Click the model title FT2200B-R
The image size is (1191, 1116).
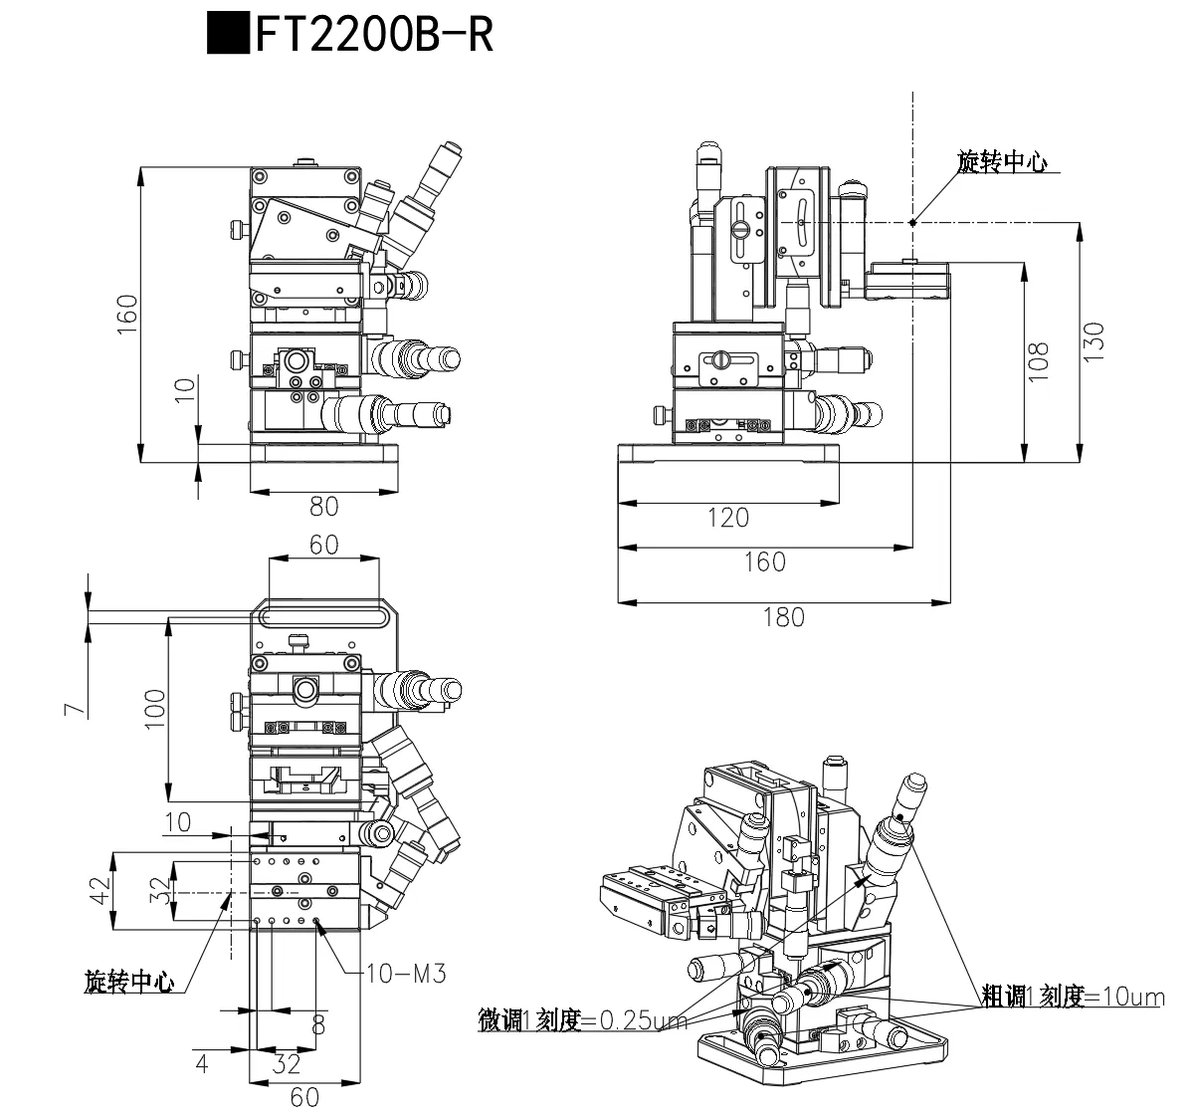[x=374, y=35]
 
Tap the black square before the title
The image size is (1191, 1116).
[x=229, y=34]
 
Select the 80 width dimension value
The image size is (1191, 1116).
[x=323, y=507]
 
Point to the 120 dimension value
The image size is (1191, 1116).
[x=727, y=518]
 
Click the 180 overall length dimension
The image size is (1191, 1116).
[x=783, y=617]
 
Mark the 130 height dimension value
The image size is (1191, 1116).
[x=1093, y=342]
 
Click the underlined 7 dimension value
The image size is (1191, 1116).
[x=71, y=709]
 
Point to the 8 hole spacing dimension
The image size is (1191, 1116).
[x=317, y=1024]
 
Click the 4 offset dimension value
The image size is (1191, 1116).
[x=202, y=1064]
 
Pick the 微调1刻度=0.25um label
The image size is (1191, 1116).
[x=582, y=1020]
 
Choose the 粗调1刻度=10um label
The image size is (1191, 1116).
[x=1072, y=996]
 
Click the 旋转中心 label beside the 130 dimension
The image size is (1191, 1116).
[x=1001, y=162]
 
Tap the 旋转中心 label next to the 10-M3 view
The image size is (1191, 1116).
[x=128, y=982]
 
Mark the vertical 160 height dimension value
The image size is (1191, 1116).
[x=126, y=315]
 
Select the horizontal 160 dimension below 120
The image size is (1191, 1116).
[x=764, y=561]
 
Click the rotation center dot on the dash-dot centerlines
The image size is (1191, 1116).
[x=912, y=222]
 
